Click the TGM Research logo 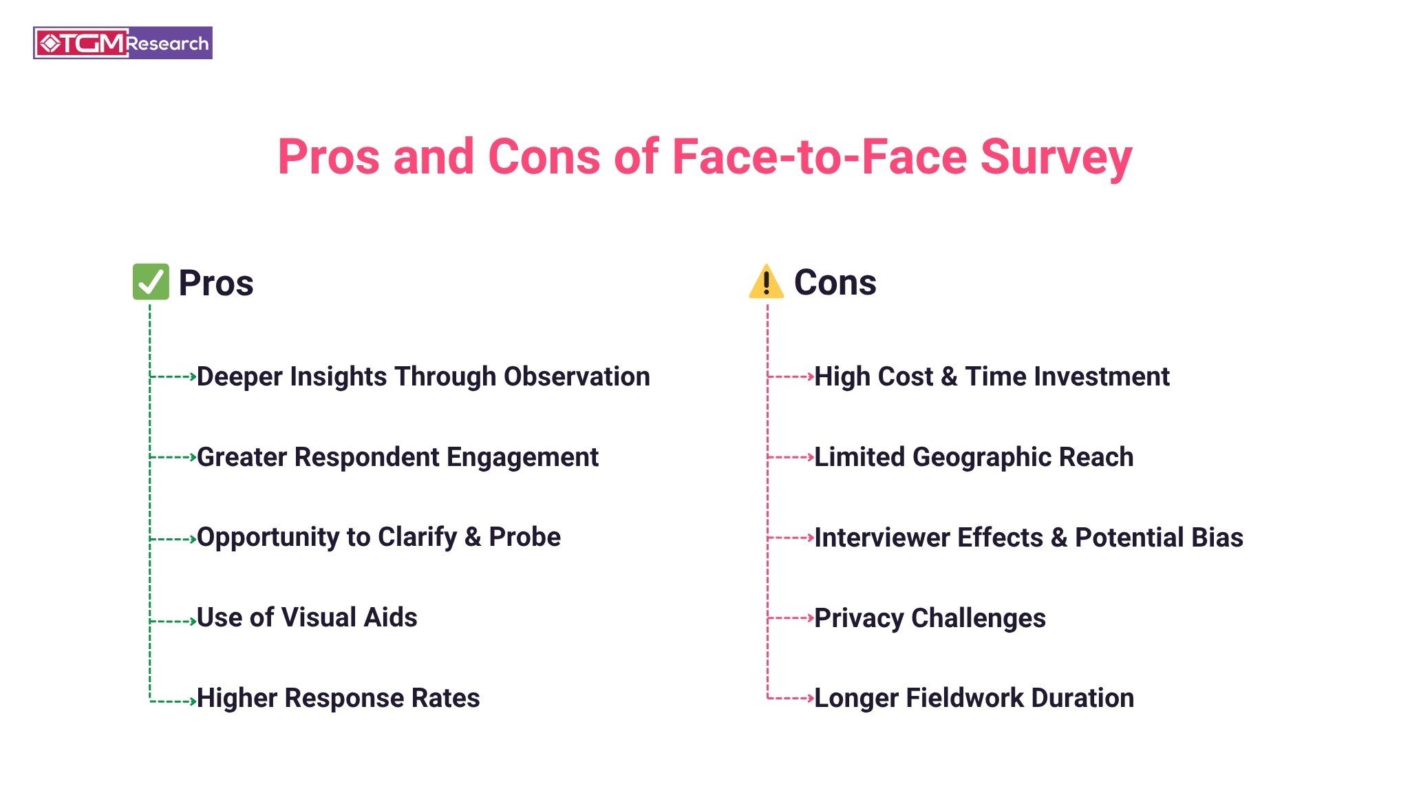click(122, 43)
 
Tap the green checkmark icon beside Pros click(151, 282)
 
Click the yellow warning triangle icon click(766, 282)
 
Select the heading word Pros click(216, 283)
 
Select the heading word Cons click(835, 282)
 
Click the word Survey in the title click(1056, 158)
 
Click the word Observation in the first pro click(577, 377)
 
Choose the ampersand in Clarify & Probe click(473, 537)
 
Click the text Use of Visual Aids click(307, 617)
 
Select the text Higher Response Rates click(339, 698)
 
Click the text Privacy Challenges click(930, 618)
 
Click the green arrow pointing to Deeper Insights click(173, 377)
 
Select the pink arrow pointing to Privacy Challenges click(791, 618)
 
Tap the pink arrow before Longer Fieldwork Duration click(791, 698)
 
